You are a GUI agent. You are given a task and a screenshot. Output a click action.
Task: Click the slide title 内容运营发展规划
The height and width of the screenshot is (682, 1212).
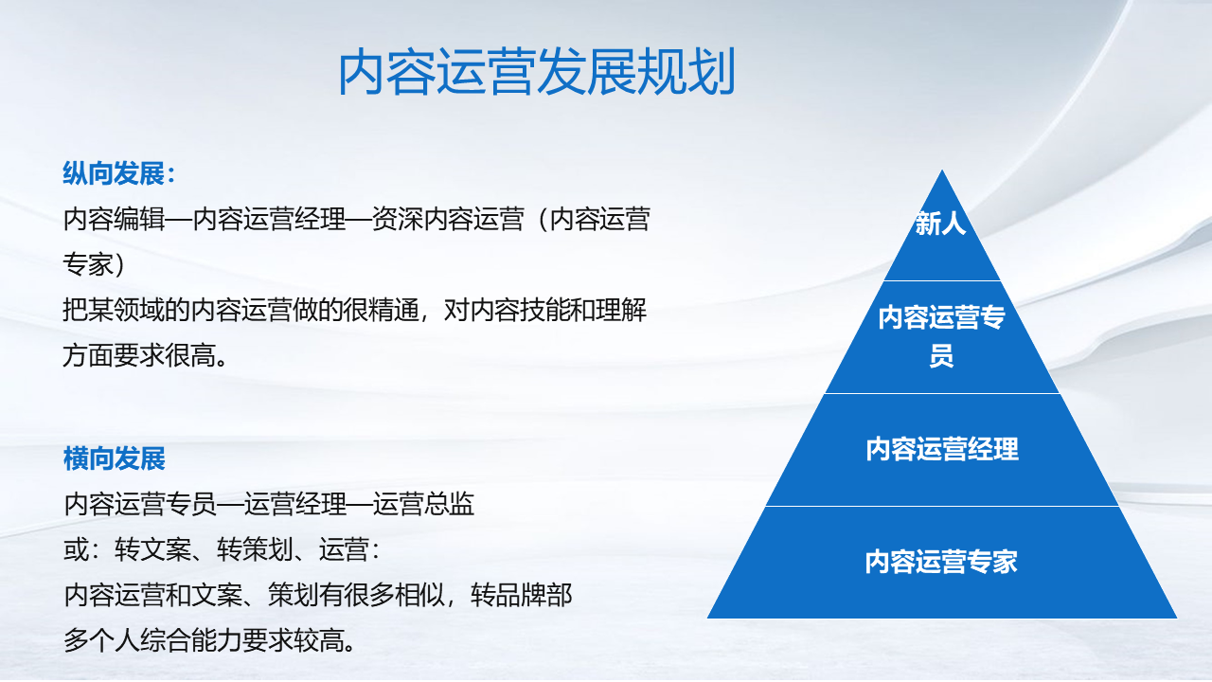coord(537,71)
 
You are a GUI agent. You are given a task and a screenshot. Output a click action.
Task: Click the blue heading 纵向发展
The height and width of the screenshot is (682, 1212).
coord(114,173)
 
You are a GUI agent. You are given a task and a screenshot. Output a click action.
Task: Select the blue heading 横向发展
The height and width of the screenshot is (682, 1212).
coord(115,459)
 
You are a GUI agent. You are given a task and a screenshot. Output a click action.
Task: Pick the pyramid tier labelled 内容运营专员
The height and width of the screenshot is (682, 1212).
coord(941,337)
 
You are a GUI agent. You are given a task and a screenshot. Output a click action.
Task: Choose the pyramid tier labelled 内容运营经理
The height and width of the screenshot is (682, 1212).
coord(941,450)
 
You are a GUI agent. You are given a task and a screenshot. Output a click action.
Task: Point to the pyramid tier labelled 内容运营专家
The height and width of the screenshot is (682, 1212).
coord(941,563)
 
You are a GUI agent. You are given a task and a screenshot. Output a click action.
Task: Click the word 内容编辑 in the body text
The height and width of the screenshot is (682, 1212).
coord(114,220)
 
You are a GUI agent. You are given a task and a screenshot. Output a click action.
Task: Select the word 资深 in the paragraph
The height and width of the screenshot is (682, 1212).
coord(397,220)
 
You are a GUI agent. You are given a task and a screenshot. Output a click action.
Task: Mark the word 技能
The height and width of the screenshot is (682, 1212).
coord(544,311)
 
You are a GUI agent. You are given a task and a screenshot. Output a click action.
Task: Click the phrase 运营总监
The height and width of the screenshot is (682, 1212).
coord(423,505)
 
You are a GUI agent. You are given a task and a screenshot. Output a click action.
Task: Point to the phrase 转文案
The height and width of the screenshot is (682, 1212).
coord(152,550)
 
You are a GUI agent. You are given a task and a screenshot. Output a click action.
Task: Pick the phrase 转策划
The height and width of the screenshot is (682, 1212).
coord(255,550)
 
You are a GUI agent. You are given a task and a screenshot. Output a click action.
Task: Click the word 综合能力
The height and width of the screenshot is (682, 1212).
coord(190,641)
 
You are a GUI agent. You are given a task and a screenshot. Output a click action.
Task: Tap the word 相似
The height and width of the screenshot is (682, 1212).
coord(420,596)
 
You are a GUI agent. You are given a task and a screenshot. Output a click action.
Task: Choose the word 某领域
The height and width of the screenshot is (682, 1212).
coord(126,311)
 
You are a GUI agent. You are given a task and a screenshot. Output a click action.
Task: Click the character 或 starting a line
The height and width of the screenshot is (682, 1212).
coord(76,550)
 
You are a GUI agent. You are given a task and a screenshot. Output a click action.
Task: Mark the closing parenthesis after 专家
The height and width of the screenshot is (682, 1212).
coord(120,265)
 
